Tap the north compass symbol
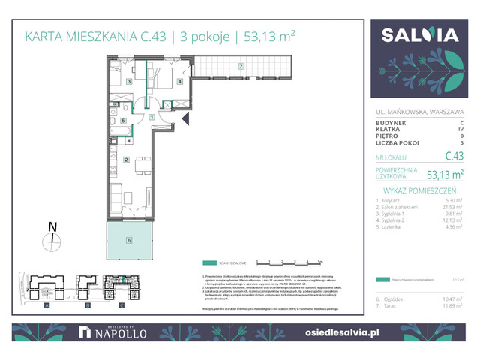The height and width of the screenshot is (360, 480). click(x=50, y=239)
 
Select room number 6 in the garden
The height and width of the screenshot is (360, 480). click(x=128, y=240)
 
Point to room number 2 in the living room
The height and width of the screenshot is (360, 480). click(x=127, y=159)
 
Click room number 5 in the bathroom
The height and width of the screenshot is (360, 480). click(x=123, y=120)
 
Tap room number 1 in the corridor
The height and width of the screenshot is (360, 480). click(x=151, y=117)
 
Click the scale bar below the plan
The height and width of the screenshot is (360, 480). click(x=289, y=263)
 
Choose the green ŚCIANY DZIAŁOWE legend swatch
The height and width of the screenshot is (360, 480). click(x=207, y=263)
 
